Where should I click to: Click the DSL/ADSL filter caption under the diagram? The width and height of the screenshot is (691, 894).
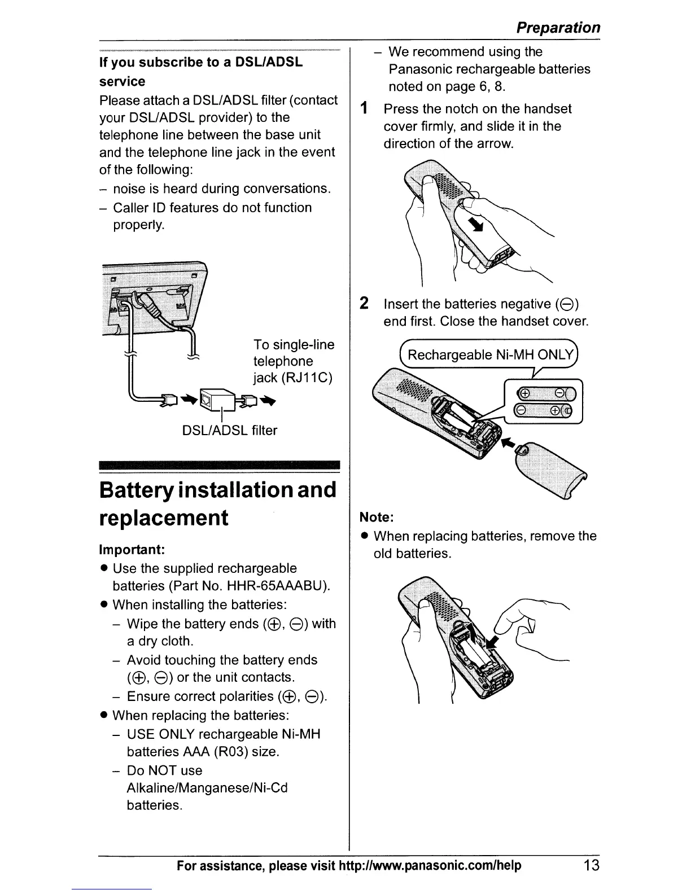tap(229, 431)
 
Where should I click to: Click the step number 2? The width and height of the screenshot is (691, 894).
tap(365, 304)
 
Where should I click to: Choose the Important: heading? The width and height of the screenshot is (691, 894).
tap(132, 550)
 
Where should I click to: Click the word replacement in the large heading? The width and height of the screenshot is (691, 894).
tap(164, 518)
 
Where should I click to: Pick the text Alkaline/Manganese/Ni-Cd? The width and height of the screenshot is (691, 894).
tap(207, 788)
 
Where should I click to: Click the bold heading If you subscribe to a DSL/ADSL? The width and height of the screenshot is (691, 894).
tap(201, 62)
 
